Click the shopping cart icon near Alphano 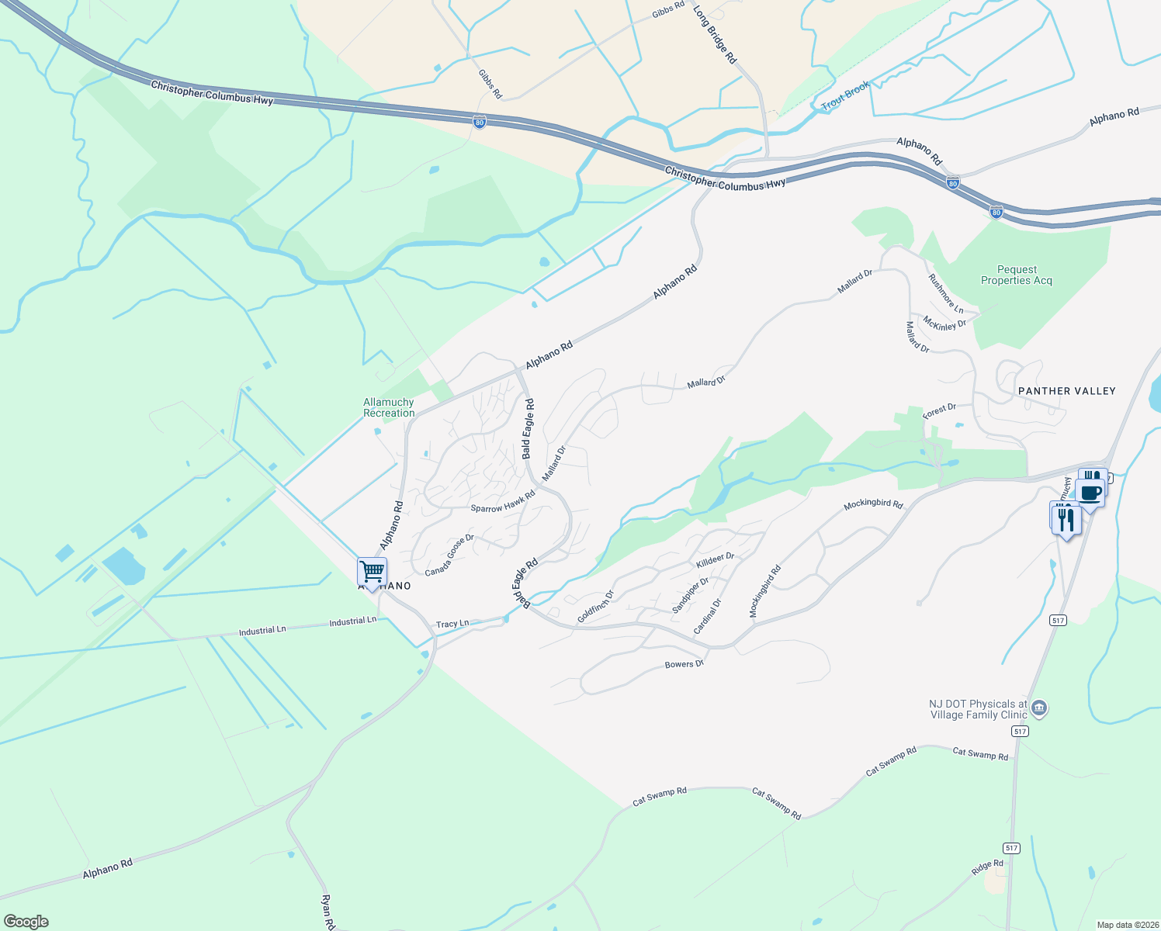(x=372, y=572)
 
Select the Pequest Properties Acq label (x=1016, y=275)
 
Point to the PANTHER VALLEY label (x=1066, y=391)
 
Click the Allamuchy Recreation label (x=389, y=407)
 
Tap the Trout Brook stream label (x=845, y=95)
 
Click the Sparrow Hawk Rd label (x=503, y=502)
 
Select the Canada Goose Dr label (x=449, y=555)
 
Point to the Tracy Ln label (x=452, y=624)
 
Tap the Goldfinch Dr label (x=595, y=607)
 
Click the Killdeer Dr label (x=715, y=559)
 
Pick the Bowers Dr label (x=684, y=665)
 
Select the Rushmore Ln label (x=945, y=293)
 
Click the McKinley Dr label (x=944, y=324)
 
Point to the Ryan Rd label (x=327, y=912)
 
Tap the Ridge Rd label (x=987, y=867)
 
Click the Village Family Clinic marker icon (x=1040, y=708)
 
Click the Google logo (x=26, y=922)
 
